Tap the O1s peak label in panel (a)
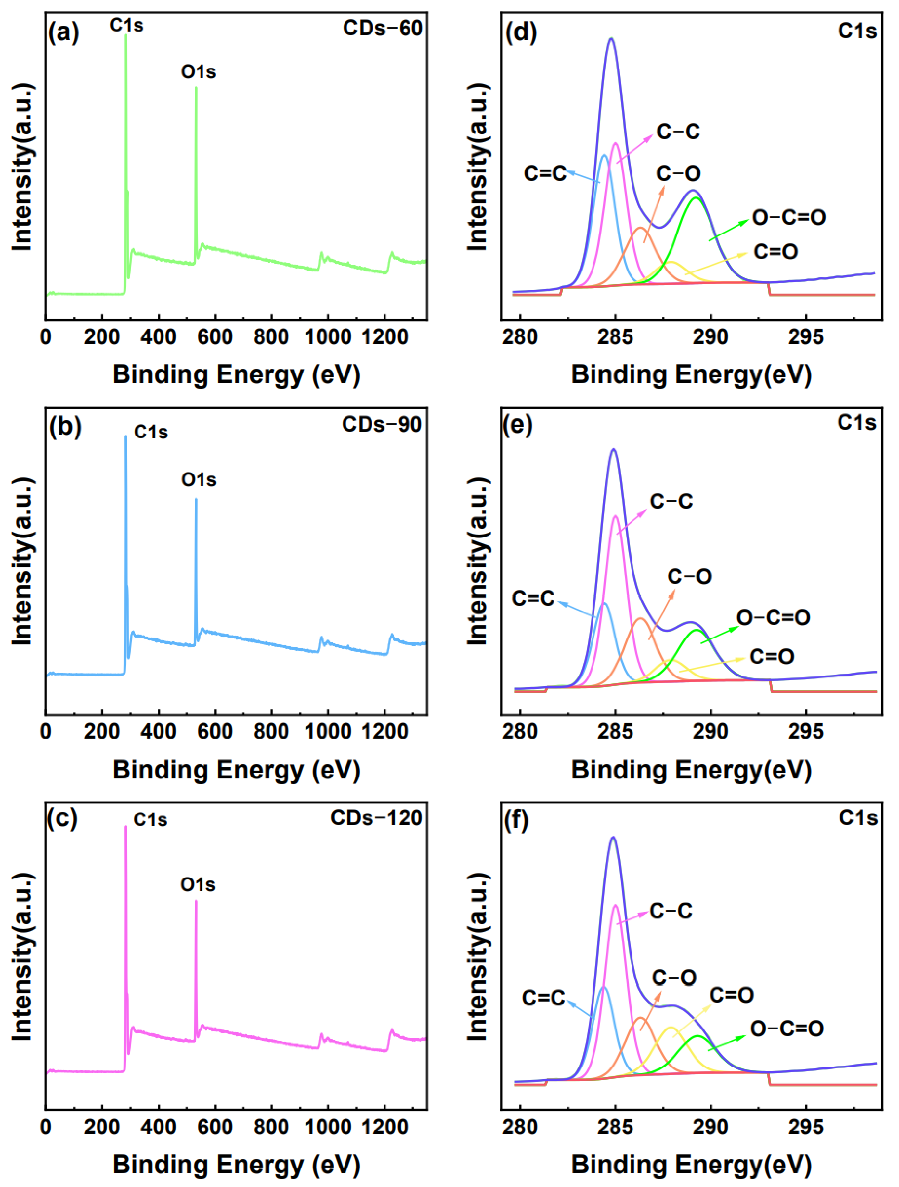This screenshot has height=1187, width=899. click(198, 72)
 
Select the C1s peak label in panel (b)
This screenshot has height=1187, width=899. click(151, 432)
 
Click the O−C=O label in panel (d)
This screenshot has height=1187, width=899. click(788, 217)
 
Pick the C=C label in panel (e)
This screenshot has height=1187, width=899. click(533, 598)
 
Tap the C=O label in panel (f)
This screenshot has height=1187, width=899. click(731, 994)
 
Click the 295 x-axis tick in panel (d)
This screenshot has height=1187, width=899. click(805, 337)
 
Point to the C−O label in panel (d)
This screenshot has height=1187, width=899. click(678, 173)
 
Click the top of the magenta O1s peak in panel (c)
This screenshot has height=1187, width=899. click(196, 901)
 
